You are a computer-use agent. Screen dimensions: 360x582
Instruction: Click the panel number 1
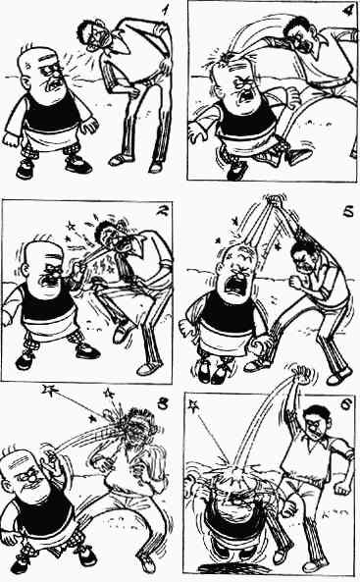[164, 10]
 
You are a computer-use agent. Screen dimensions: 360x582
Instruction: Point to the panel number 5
[348, 213]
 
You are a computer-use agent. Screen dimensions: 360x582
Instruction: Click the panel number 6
[345, 404]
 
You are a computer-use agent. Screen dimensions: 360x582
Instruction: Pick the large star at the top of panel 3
[49, 390]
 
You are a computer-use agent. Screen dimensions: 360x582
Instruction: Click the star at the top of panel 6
[193, 405]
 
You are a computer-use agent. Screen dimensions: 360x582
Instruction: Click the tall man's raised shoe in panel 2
[122, 330]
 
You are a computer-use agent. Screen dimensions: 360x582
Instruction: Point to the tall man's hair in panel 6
[314, 410]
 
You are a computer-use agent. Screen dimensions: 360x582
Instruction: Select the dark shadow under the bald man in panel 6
[226, 568]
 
